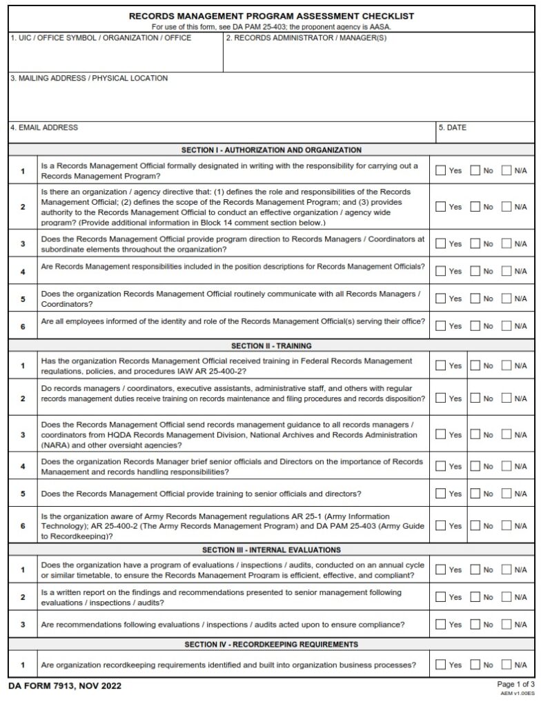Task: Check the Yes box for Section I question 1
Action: coord(440,170)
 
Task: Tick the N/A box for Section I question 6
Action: coord(506,325)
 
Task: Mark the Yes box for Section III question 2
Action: coord(440,597)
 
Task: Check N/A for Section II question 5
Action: coord(506,494)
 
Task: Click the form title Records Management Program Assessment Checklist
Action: coord(272,16)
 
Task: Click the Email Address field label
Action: coord(44,128)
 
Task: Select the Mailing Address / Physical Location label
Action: coord(89,79)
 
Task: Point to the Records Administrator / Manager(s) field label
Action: coord(306,38)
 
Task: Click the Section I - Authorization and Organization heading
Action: coord(271,150)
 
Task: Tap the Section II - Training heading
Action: coord(271,346)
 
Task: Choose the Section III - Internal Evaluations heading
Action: coord(271,550)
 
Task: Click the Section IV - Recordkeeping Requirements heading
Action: coord(271,645)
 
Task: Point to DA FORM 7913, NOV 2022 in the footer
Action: coord(66,687)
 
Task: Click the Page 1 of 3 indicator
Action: coord(515,684)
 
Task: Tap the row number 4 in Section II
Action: coord(23,467)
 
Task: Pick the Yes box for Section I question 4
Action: coord(440,271)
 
